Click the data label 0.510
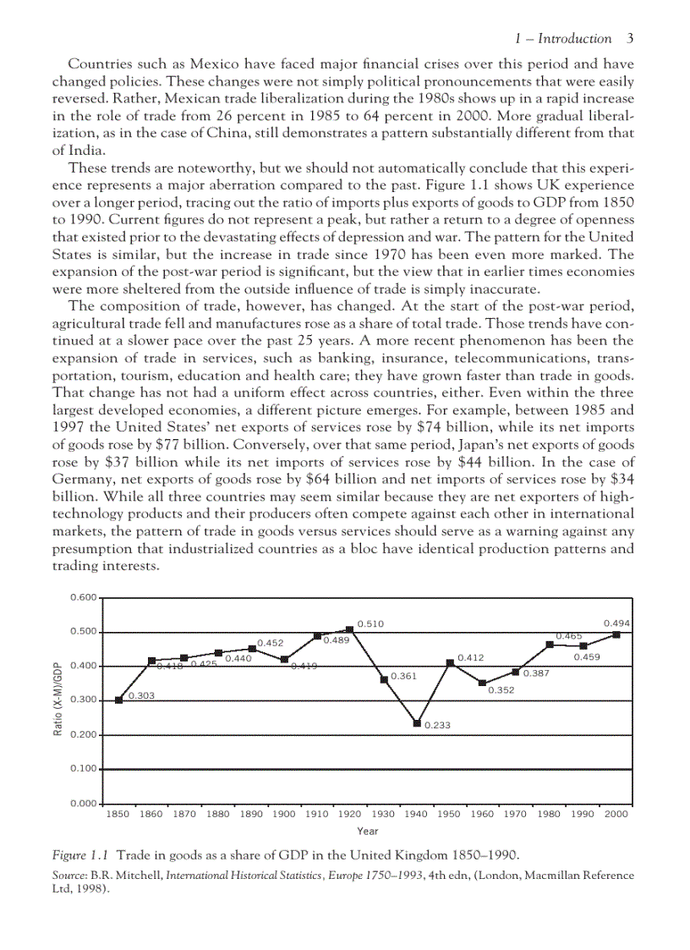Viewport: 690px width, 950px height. [371, 623]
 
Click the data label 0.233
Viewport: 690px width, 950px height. [437, 725]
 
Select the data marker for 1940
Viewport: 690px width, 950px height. [417, 723]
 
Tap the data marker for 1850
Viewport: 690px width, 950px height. [118, 700]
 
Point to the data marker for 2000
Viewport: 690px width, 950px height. [616, 634]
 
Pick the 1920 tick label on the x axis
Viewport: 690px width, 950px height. [350, 814]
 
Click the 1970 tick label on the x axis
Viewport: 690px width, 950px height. [516, 814]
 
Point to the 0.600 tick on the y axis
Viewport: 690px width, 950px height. [84, 597]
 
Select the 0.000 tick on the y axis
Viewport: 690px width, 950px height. [84, 802]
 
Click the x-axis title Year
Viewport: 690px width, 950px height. [367, 832]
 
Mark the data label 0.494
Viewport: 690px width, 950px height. [616, 623]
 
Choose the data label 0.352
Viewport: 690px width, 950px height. [501, 691]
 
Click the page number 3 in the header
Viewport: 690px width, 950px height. [630, 39]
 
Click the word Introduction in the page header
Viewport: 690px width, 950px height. [575, 39]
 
